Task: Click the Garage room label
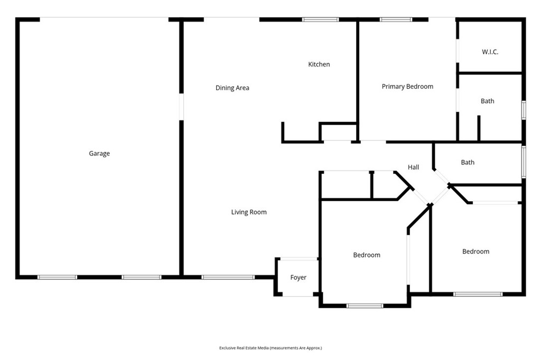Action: pos(99,154)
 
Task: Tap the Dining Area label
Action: pos(232,88)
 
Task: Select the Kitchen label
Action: pos(319,64)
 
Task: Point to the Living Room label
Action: pos(249,212)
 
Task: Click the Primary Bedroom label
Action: pos(407,87)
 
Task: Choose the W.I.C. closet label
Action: pos(490,52)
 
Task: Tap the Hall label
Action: pos(413,167)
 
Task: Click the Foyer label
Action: pos(298,277)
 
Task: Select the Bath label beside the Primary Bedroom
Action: pos(487,101)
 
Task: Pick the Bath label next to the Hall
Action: pos(468,163)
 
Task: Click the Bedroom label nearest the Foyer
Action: pos(367,255)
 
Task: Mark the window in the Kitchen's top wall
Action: pos(320,20)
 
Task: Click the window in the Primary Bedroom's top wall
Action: pos(396,20)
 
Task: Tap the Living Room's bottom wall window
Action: pos(228,277)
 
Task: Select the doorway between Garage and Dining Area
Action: pos(181,107)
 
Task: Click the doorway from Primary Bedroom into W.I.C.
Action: pos(458,51)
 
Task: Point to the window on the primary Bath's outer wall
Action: pos(524,110)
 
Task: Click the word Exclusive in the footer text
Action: pos(227,348)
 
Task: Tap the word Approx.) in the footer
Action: pos(314,348)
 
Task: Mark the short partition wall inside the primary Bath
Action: pos(479,128)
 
